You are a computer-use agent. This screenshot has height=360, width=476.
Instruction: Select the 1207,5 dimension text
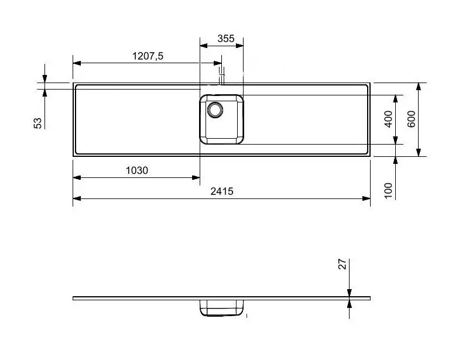pos(148,56)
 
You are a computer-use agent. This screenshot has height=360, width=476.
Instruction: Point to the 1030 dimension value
pos(137,171)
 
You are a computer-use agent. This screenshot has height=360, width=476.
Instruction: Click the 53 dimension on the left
pos(37,122)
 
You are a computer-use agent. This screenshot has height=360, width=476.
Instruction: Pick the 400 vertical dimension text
pos(388,119)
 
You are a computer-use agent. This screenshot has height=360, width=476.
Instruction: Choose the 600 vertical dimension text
pos(410,119)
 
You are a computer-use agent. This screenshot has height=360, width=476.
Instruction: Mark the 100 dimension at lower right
pos(388,190)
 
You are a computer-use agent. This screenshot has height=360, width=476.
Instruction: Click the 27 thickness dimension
pos(344,265)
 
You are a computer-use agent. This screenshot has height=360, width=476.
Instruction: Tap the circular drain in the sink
pos(215,109)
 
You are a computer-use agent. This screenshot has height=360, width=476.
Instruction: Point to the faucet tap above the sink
pos(221,75)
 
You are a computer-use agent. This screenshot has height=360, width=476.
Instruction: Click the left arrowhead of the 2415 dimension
pos(76,198)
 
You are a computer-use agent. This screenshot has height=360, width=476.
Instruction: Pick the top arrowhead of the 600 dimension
pos(419,86)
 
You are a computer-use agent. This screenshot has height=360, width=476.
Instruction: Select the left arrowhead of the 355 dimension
pos(203,46)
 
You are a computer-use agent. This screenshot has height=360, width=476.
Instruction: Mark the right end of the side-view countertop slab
pos(369,298)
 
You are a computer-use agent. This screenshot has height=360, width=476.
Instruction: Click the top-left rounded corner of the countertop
pos(75,85)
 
